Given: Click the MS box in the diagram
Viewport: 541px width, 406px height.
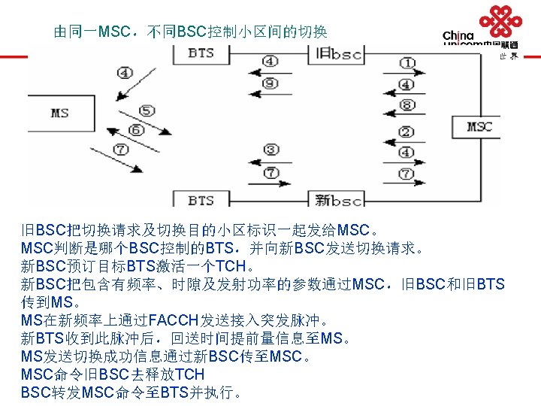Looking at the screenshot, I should pyautogui.click(x=60, y=113).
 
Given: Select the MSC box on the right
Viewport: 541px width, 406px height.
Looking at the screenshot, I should pyautogui.click(x=479, y=126).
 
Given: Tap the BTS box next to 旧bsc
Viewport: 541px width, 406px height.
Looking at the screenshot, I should pyautogui.click(x=201, y=53).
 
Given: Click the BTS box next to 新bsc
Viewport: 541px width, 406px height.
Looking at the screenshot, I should pyautogui.click(x=201, y=200).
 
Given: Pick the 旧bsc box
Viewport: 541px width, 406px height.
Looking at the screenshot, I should pyautogui.click(x=339, y=53).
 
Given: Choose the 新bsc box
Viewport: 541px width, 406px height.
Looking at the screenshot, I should pyautogui.click(x=339, y=200).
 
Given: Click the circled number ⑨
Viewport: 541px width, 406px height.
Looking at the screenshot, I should pyautogui.click(x=271, y=83).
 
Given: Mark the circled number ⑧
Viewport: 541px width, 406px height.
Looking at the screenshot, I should pyautogui.click(x=406, y=105).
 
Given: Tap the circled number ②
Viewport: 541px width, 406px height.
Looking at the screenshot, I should pyautogui.click(x=406, y=132).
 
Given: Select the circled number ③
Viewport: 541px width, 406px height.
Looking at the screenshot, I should pyautogui.click(x=271, y=149).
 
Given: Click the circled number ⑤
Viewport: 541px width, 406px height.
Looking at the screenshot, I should pyautogui.click(x=147, y=111).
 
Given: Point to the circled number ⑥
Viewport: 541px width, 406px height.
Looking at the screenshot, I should pyautogui.click(x=136, y=129).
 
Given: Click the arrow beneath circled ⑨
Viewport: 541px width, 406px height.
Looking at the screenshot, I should pyautogui.click(x=271, y=95).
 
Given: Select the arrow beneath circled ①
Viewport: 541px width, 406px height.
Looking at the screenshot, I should pyautogui.click(x=406, y=74).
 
